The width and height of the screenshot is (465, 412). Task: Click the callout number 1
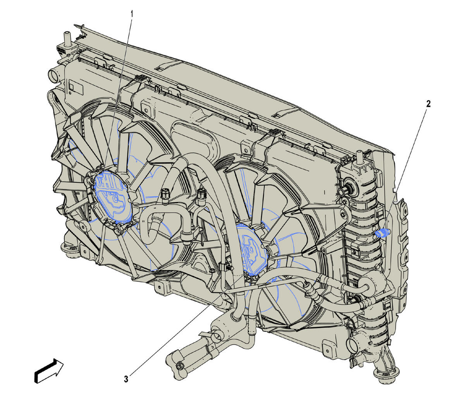coord(132,14)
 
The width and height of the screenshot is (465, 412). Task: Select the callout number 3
coord(126,379)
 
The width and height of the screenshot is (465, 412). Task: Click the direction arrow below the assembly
coord(49,371)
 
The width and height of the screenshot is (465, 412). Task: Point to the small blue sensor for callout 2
coord(381,233)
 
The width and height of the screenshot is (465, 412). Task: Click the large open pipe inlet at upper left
coord(55,76)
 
